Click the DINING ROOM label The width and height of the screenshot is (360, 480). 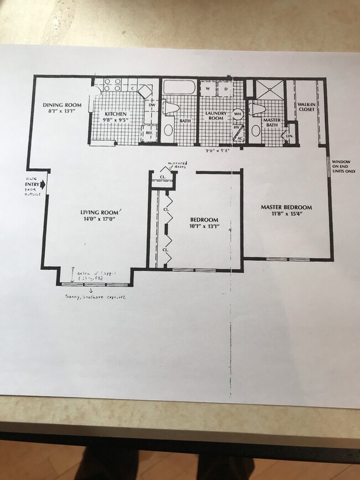[62, 105]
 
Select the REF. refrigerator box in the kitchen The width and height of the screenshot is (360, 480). [149, 133]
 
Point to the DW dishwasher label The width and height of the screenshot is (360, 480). [152, 105]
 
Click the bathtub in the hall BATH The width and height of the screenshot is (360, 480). [178, 88]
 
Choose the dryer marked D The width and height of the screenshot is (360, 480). [226, 89]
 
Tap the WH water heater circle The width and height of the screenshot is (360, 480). [238, 113]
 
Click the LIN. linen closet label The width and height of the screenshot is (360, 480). [289, 136]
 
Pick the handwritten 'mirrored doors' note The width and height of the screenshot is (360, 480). [177, 165]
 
